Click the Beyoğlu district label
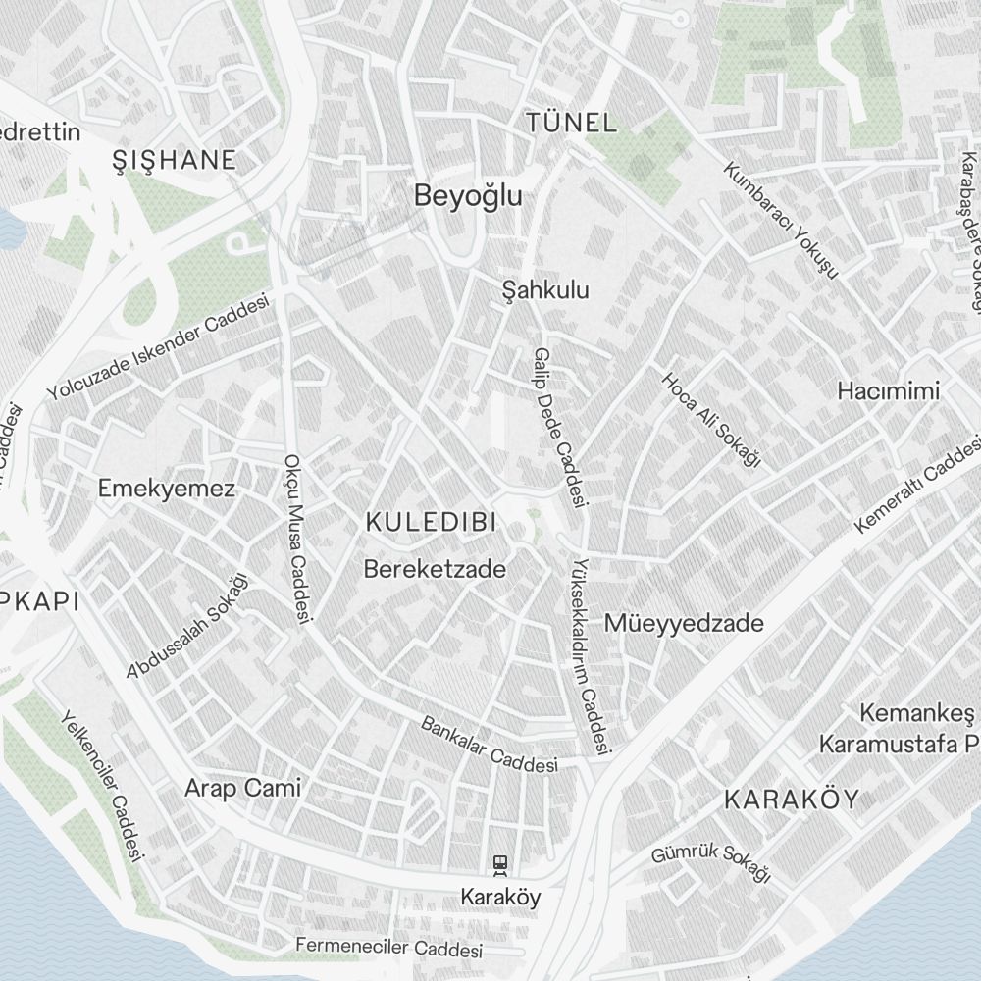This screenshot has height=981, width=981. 468,196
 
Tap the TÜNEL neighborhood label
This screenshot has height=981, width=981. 572,124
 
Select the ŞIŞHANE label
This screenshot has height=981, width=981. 175,160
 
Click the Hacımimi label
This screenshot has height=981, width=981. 888,390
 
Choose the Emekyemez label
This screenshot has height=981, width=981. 167,489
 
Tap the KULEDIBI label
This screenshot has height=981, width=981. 428,522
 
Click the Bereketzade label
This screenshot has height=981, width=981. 435,569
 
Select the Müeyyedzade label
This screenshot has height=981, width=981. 684,623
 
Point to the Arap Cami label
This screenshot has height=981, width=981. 243,788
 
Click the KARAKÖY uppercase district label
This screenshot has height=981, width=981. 791,800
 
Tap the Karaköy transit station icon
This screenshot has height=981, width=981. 500,864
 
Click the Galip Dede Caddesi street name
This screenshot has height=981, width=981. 560,428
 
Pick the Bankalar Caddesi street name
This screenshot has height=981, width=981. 489,745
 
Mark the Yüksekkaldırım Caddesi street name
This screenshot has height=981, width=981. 593,657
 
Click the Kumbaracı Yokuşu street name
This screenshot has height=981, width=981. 781,219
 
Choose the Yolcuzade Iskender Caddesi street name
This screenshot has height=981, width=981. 158,348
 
